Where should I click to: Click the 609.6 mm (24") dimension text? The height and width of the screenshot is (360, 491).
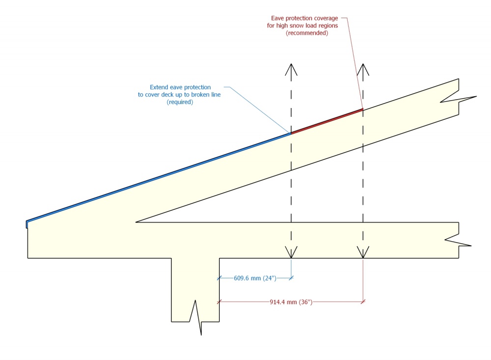tap(255, 278)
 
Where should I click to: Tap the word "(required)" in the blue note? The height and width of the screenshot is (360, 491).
tap(180, 102)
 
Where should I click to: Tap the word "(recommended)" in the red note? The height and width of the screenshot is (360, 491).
tap(307, 33)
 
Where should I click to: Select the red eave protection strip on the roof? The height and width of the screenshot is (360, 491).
tap(327, 121)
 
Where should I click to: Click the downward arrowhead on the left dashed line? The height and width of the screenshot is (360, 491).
tap(291, 252)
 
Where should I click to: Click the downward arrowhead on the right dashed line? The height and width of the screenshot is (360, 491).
tap(363, 252)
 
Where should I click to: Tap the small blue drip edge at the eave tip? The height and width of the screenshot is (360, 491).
tap(27, 224)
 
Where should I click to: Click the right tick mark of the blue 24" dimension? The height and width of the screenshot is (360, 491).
tap(291, 278)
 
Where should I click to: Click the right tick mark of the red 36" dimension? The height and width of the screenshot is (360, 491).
tap(363, 302)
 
